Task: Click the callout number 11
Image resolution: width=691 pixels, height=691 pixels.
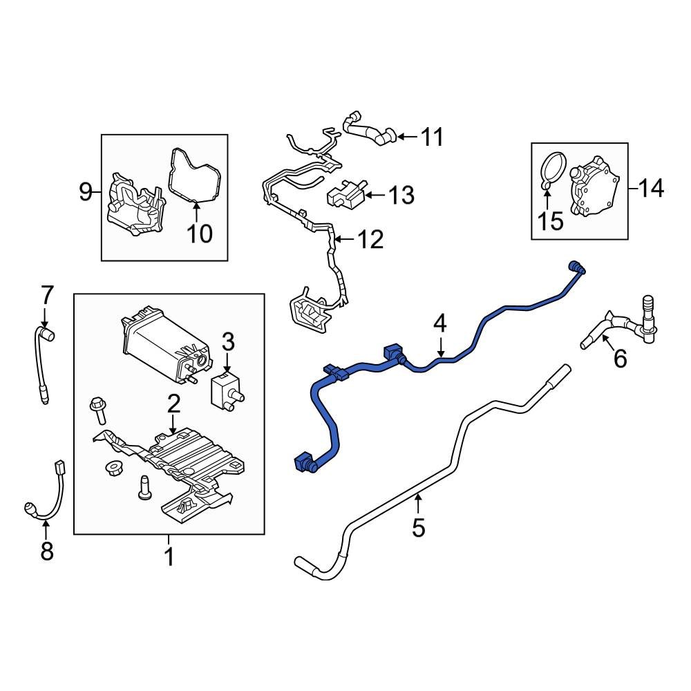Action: pos(432,137)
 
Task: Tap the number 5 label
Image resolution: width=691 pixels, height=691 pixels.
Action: pos(418,528)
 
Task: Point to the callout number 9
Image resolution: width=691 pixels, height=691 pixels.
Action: pos(85,191)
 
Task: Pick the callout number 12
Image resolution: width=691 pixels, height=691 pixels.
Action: pos(370,240)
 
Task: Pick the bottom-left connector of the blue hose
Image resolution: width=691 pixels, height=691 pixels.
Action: pos(304,463)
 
